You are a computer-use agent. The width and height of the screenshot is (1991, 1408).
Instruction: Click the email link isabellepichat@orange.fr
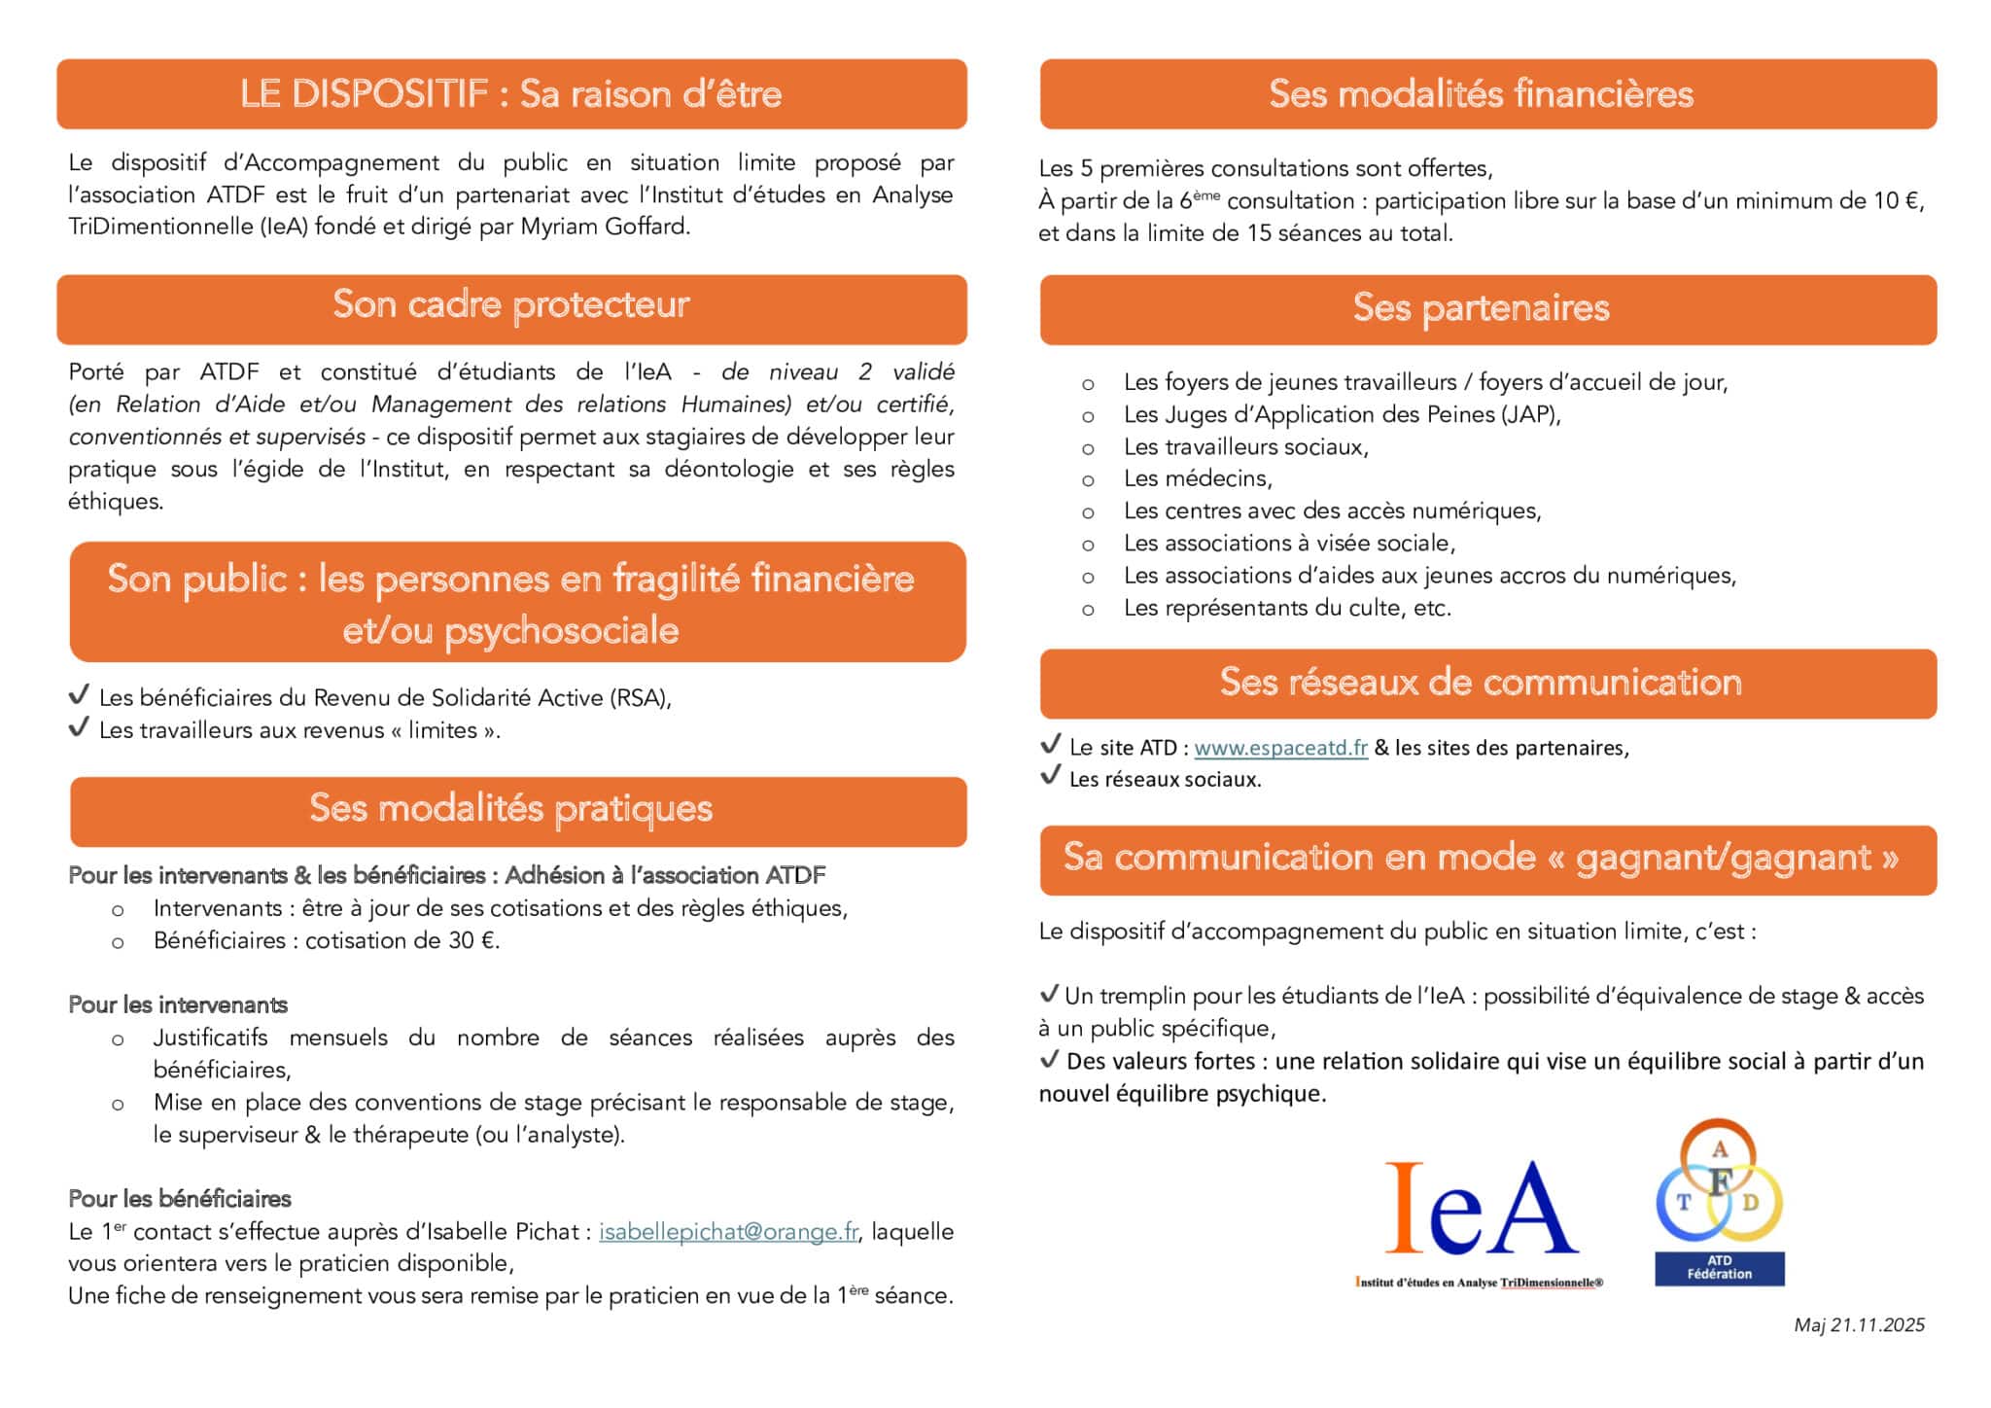(728, 1232)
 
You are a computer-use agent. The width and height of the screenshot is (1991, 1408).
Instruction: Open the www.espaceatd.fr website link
(1280, 748)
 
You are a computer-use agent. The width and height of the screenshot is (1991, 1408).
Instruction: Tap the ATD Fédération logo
(1719, 1204)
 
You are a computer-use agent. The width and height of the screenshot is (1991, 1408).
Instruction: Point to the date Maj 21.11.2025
(1859, 1324)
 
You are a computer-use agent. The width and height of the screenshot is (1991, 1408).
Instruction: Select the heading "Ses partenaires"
(1481, 308)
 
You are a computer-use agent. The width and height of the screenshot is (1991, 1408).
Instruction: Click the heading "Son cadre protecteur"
(511, 305)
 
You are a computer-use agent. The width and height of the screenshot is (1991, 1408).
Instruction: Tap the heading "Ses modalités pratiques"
(511, 809)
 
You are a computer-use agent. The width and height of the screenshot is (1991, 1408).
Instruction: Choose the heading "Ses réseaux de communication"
(1481, 683)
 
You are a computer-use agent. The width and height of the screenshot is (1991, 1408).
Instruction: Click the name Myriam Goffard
(605, 228)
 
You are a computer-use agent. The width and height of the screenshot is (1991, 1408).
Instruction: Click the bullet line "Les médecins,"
(1198, 478)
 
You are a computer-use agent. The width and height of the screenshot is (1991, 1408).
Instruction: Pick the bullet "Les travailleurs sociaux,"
(1245, 446)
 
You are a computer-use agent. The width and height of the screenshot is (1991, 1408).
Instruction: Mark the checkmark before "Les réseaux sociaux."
(1050, 776)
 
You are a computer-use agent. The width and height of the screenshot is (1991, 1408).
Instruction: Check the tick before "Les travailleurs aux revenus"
(80, 727)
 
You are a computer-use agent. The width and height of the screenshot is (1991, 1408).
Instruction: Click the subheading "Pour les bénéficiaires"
(180, 1199)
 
